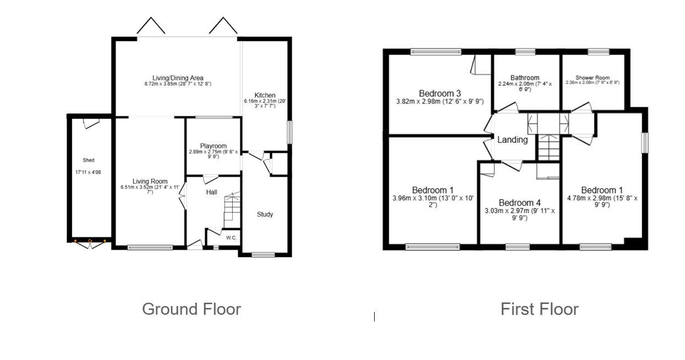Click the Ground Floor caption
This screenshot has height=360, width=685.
coord(191,309)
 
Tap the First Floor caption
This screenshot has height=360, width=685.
coord(539,309)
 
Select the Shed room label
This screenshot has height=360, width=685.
coord(88,160)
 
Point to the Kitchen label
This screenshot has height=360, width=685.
coord(265,95)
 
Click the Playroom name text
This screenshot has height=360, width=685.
coord(213,146)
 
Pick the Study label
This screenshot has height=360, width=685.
coord(265,214)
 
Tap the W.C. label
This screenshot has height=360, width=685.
coord(231,238)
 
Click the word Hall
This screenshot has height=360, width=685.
coord(212,192)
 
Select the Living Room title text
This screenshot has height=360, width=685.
coord(150,182)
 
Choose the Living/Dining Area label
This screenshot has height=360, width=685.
coord(178,78)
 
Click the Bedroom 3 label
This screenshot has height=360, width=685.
coord(440,93)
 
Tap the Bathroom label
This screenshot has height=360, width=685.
coord(524,78)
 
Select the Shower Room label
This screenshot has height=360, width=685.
coord(593,78)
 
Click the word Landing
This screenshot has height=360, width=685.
coord(512,140)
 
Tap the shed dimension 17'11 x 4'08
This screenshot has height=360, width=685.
coord(88,172)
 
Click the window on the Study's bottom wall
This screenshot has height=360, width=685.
coord(263,254)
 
